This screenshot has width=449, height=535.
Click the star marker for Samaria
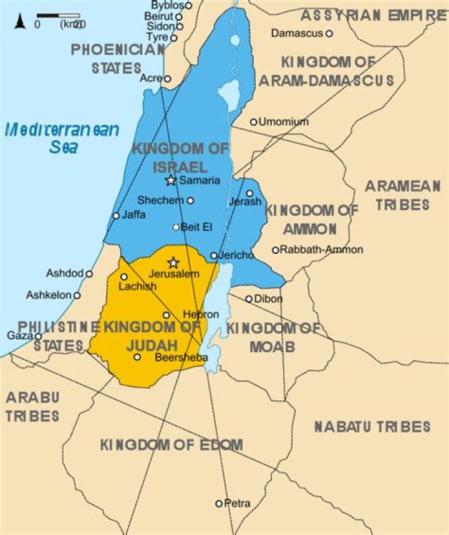coord(170,180)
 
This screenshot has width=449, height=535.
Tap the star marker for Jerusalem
coord(173,263)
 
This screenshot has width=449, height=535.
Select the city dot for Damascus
coord(329,34)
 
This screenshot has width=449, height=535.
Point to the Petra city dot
coord(219,503)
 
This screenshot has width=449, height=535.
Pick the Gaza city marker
coord(38,336)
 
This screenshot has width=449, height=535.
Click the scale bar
coord(58,15)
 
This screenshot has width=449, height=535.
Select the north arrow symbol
coord(19,22)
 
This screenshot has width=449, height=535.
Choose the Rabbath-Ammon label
coord(322,249)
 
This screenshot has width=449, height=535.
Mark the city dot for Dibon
coord(249,299)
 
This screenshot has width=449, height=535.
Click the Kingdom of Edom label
coord(171,445)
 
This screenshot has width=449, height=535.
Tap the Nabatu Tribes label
coord(372,427)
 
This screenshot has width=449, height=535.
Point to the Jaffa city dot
coord(116,216)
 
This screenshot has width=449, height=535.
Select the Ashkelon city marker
coord(77,296)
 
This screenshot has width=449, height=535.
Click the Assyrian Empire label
coord(374,16)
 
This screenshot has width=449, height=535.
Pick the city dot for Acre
coord(167,79)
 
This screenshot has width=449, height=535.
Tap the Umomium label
coord(283,122)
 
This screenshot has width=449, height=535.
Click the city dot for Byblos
coord(188,5)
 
